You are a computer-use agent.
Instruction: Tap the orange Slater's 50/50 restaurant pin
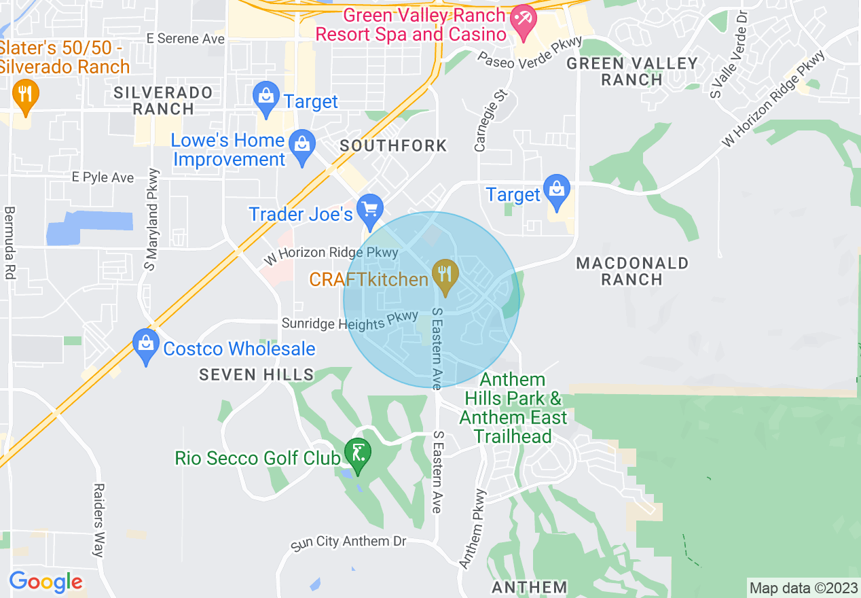point(25,97)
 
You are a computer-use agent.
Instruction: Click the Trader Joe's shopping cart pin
point(371,211)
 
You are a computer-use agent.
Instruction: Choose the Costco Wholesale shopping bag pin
point(146,347)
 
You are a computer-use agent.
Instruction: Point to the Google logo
point(45,582)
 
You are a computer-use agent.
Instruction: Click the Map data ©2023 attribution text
point(803,588)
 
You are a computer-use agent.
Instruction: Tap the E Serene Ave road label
point(185,39)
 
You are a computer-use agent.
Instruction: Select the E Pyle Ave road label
point(103,177)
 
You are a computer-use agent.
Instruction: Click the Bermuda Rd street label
point(10,243)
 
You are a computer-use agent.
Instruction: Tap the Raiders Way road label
point(99,520)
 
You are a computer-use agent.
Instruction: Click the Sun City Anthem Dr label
point(348,542)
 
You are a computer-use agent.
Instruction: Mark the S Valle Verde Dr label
point(729,54)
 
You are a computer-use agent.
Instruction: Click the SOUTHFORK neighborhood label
point(394,145)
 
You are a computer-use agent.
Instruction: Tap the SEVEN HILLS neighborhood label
point(257,374)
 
